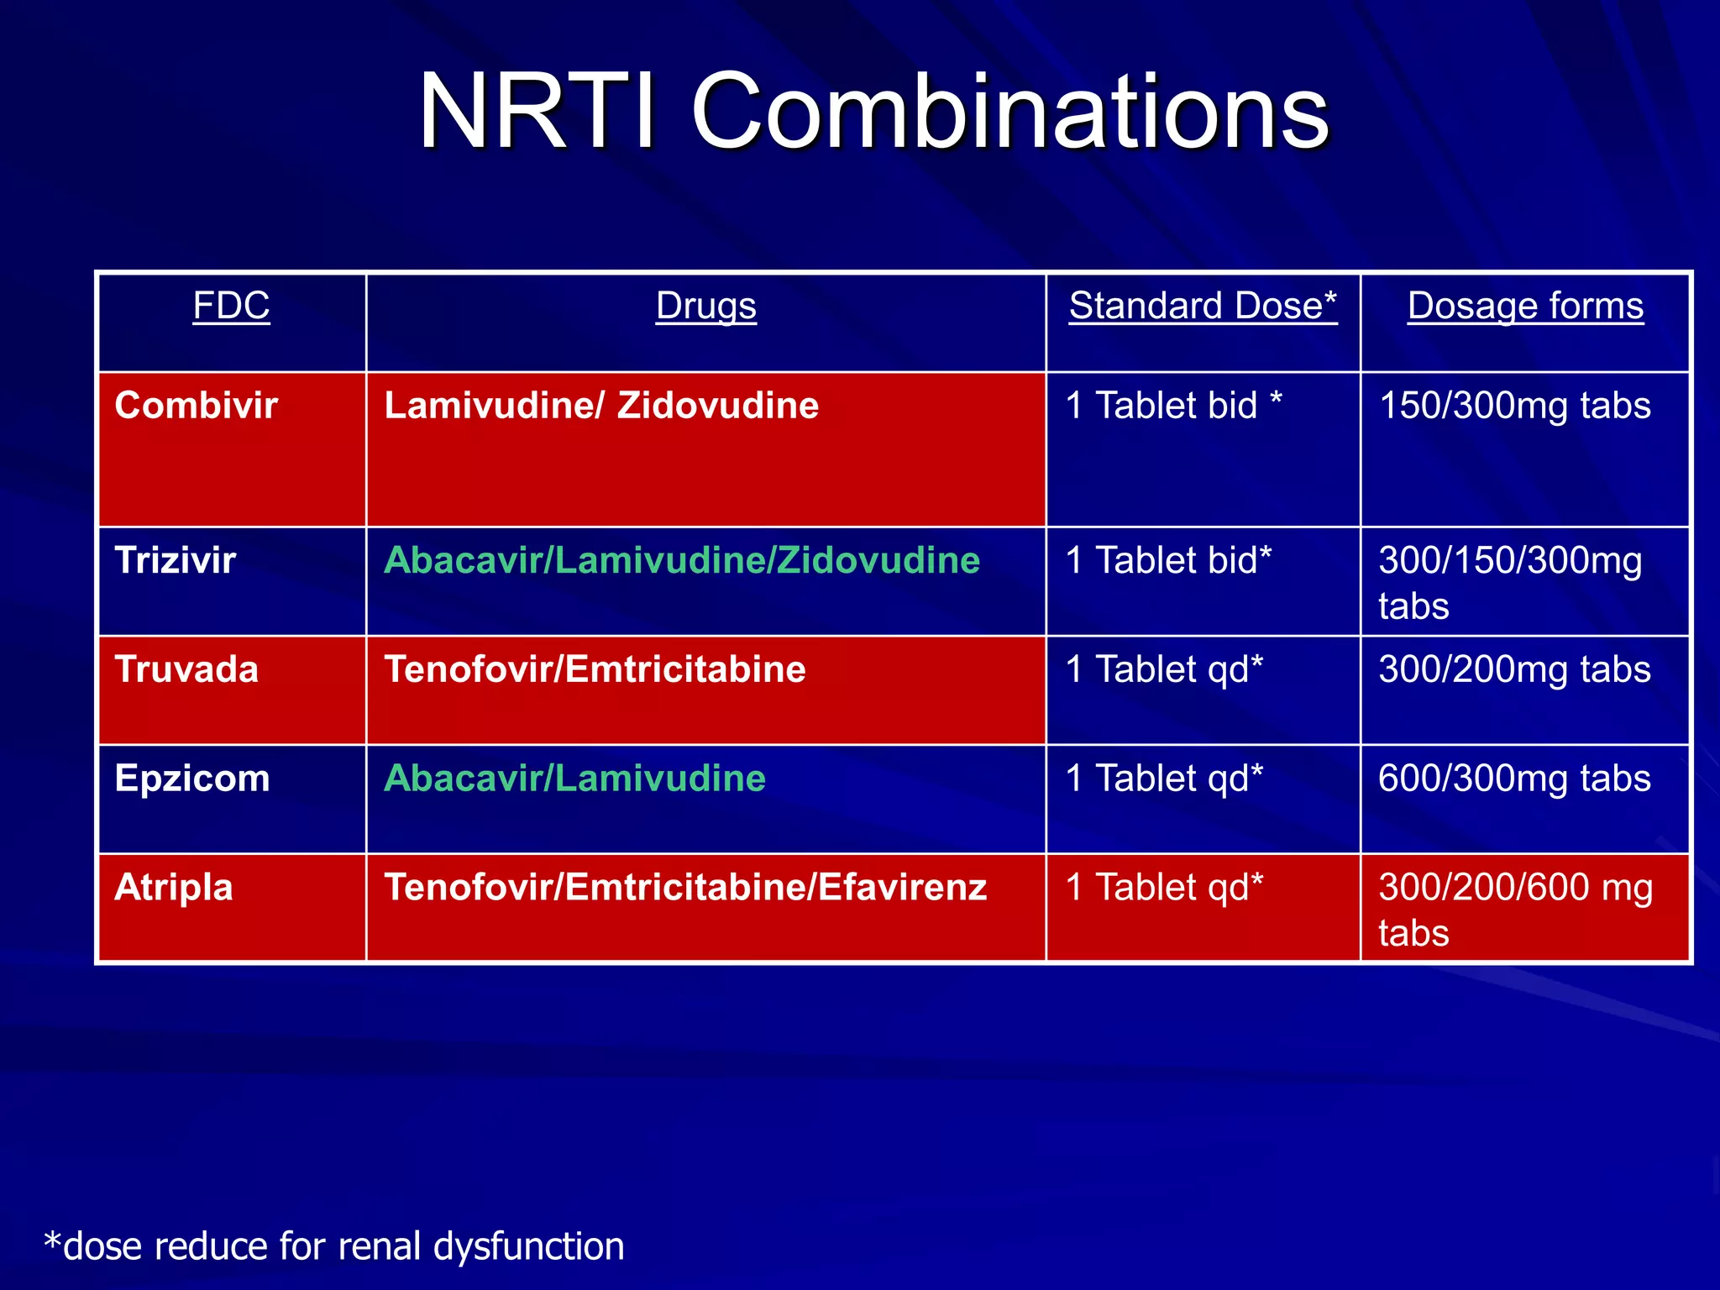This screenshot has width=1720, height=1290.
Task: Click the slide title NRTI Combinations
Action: pyautogui.click(x=873, y=112)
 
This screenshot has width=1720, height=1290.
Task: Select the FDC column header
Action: pyautogui.click(x=231, y=306)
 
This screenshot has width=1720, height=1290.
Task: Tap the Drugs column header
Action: pyautogui.click(x=705, y=306)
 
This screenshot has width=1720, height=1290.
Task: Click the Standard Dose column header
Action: pyautogui.click(x=1203, y=306)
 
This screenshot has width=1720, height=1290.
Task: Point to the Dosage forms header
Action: pyautogui.click(x=1525, y=306)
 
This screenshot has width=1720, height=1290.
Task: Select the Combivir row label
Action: pyautogui.click(x=196, y=406)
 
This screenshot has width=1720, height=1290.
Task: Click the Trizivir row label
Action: pyautogui.click(x=176, y=560)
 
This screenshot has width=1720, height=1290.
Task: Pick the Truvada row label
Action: pyautogui.click(x=186, y=669)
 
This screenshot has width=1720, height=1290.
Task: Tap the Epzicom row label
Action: pyautogui.click(x=192, y=779)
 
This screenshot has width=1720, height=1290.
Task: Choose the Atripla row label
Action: pyautogui.click(x=174, y=888)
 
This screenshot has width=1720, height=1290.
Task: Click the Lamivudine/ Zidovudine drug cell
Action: pyautogui.click(x=601, y=406)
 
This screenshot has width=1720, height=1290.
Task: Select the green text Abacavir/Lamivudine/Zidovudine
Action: pyautogui.click(x=682, y=560)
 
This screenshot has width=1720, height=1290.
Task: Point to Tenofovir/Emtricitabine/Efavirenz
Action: pyautogui.click(x=685, y=888)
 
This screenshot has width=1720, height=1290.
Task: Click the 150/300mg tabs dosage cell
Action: pyautogui.click(x=1515, y=406)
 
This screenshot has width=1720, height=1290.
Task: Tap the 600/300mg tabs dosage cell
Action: pyautogui.click(x=1515, y=779)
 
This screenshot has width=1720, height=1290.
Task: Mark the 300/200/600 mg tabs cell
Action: pyautogui.click(x=1515, y=909)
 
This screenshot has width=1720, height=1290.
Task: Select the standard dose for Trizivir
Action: pyautogui.click(x=1168, y=560)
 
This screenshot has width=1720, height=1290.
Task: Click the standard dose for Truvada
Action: pyautogui.click(x=1164, y=669)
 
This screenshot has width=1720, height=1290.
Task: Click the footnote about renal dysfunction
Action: pyautogui.click(x=334, y=1246)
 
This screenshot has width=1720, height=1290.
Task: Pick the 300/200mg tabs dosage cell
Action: pyautogui.click(x=1515, y=669)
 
